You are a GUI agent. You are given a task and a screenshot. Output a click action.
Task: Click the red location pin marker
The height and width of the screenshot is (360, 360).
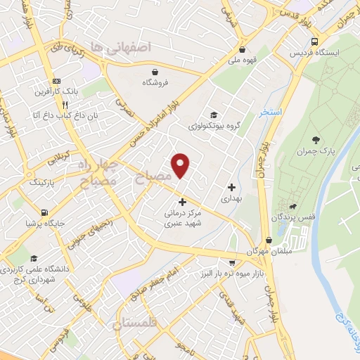pos(181,165)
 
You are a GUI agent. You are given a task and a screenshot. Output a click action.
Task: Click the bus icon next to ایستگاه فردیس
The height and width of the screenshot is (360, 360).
pos(314,41)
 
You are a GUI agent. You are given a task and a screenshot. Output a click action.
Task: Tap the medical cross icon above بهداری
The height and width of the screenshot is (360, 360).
pos(231,187)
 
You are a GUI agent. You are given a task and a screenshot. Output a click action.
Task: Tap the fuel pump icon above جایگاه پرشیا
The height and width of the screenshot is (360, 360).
pos(44,212)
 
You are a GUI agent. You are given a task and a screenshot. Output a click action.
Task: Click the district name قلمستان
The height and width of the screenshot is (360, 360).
pos(136,325)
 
